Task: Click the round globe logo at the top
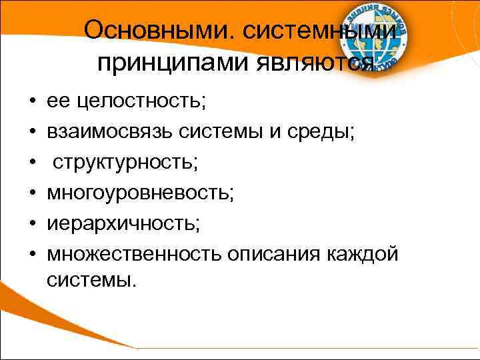point(375,38)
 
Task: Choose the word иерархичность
point(123,223)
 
